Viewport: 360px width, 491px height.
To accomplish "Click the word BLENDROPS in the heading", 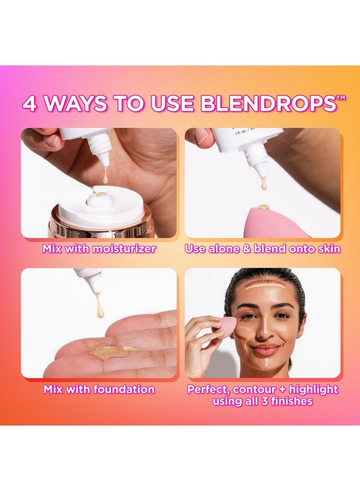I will coord(273,104).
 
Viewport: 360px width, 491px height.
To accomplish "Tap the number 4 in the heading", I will coord(31,104).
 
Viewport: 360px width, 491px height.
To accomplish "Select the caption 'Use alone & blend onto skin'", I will coord(263,249).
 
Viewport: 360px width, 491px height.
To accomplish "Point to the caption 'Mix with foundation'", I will coord(99,390).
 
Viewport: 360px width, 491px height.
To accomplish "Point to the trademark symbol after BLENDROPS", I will coord(341,97).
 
